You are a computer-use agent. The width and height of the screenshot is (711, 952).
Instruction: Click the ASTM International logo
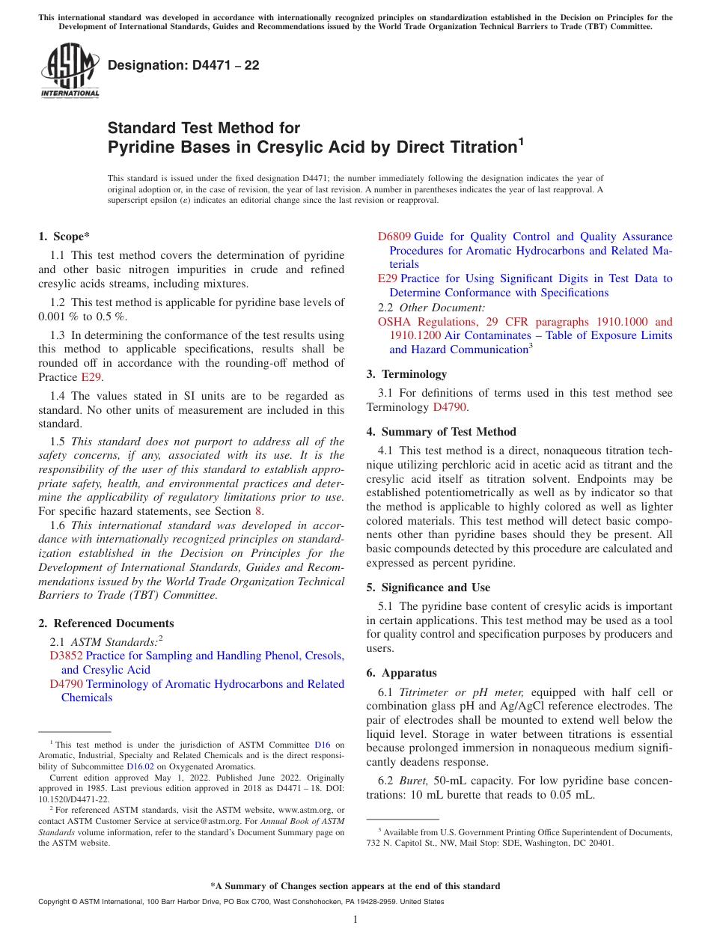[70, 70]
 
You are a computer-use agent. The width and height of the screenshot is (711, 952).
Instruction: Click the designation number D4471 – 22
[183, 65]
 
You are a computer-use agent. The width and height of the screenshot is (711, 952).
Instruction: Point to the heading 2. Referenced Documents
[106, 623]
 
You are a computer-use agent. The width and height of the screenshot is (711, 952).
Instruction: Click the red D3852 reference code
[66, 656]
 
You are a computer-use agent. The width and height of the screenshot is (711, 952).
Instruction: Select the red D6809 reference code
[394, 237]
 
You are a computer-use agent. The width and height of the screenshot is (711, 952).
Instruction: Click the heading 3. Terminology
[406, 374]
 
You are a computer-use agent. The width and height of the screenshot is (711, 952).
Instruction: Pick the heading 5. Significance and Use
[428, 588]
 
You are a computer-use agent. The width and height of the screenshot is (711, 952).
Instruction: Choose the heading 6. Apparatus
[401, 673]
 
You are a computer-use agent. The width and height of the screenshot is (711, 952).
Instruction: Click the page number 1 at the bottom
[355, 919]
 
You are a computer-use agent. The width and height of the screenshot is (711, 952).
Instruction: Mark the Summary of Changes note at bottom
[355, 886]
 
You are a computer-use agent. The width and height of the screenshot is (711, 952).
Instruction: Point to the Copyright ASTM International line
[241, 902]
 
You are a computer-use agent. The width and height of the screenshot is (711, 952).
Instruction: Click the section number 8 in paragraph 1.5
[259, 511]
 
